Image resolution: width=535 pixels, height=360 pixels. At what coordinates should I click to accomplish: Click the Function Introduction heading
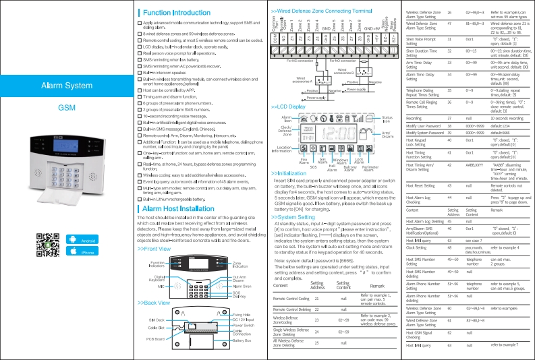pyautogui.click(x=175, y=13)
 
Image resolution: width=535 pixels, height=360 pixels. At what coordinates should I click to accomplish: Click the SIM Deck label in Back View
pyautogui.click(x=156, y=318)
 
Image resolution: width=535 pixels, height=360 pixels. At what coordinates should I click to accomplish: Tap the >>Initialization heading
pyautogui.click(x=293, y=173)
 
